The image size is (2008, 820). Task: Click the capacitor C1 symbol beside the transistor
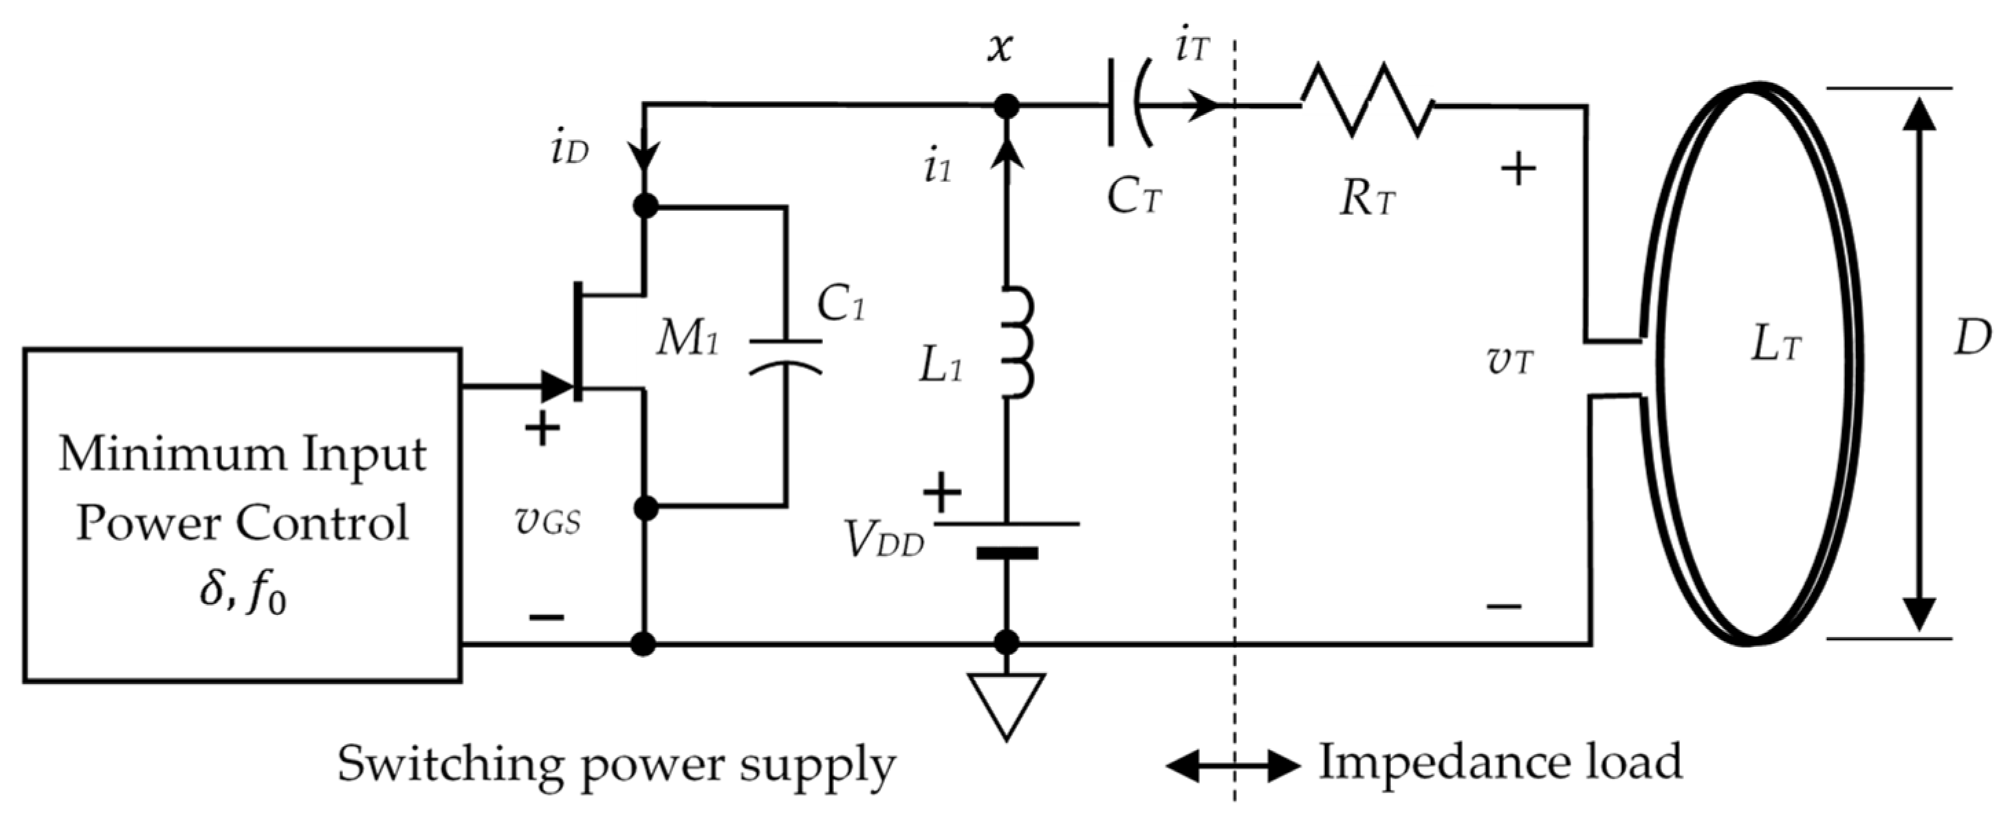pyautogui.click(x=786, y=354)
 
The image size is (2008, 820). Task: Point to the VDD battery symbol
pyautogui.click(x=1007, y=538)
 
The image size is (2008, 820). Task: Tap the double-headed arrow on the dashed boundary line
pyautogui.click(x=1233, y=766)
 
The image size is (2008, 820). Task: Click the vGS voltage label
pyautogui.click(x=548, y=522)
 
